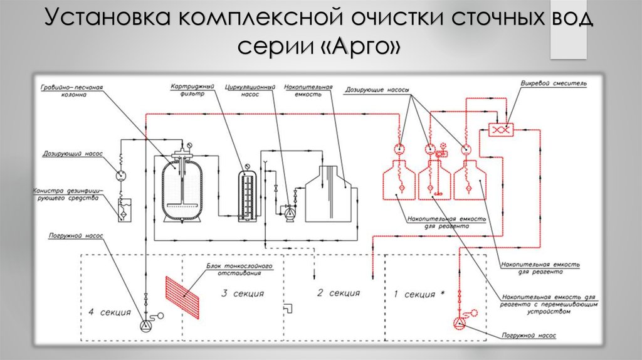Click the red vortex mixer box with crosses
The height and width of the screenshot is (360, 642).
point(501,129)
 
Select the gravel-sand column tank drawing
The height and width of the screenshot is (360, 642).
point(181,187)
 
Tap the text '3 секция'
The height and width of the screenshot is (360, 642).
point(243,294)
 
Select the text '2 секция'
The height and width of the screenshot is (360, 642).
point(339,293)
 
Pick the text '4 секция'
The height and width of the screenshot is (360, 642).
point(110,312)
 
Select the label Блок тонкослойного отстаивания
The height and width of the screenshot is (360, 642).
point(239,268)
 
